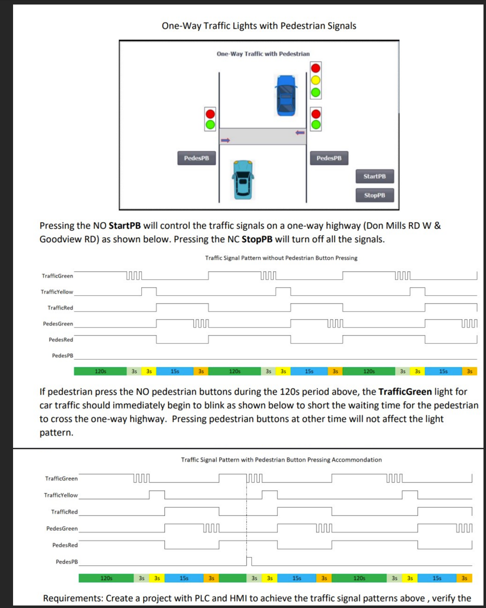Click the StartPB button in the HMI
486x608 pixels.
click(x=374, y=176)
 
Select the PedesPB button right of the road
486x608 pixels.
click(x=329, y=158)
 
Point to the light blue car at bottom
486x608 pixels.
click(x=243, y=179)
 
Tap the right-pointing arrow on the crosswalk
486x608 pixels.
click(x=225, y=141)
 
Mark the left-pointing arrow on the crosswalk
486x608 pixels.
click(x=300, y=133)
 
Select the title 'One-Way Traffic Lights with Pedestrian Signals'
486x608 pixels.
click(x=259, y=26)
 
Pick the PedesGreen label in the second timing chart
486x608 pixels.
click(x=62, y=529)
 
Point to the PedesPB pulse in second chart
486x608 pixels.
click(x=248, y=560)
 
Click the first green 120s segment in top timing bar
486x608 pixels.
click(x=100, y=372)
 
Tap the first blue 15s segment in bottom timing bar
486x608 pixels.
click(x=184, y=578)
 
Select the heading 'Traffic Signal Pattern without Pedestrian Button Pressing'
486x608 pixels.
click(x=281, y=258)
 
